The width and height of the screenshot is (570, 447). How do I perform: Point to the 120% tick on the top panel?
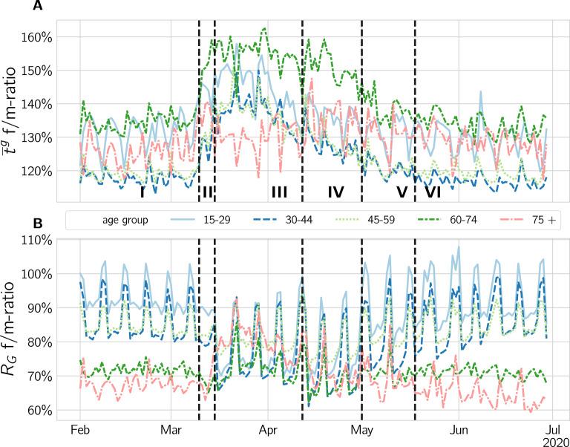36,171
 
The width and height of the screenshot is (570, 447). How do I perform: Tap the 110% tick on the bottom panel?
36,240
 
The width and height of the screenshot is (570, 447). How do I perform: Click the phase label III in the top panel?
279,192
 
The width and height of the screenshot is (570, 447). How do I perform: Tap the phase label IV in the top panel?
335,192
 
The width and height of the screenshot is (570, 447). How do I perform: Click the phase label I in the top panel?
142,192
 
